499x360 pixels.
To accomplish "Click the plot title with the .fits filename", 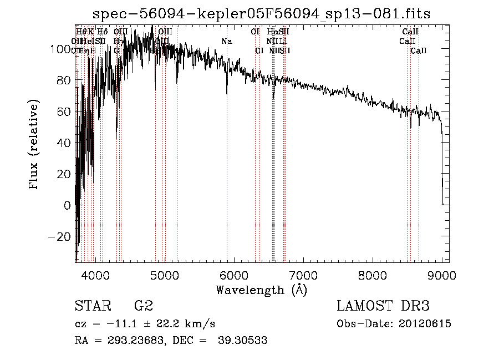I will click(261, 13).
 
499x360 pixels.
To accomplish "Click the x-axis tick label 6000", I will click(233, 274).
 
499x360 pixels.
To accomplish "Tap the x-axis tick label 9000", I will click(442, 274).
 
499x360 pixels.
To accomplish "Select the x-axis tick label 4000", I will click(95, 274).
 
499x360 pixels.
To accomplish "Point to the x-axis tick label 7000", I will click(303, 274).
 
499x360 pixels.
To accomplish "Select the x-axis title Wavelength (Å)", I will click(261, 290).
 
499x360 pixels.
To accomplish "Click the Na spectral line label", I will click(226, 41).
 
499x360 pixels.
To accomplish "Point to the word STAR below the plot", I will click(92, 306).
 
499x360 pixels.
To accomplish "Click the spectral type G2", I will click(144, 306).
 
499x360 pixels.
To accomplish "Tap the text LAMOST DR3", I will click(383, 306).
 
